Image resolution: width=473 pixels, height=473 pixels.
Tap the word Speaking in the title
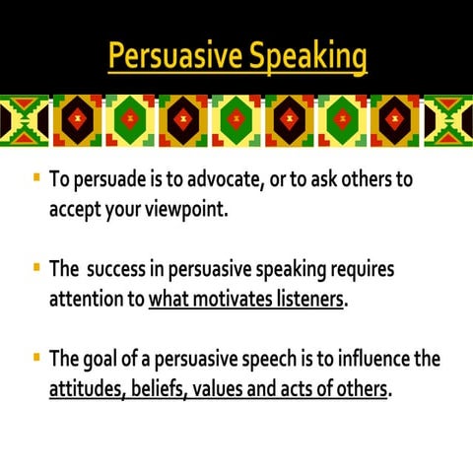point(306,56)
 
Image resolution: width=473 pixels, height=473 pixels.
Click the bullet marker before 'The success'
point(36,266)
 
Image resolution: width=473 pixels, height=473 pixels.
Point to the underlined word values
point(221,387)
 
